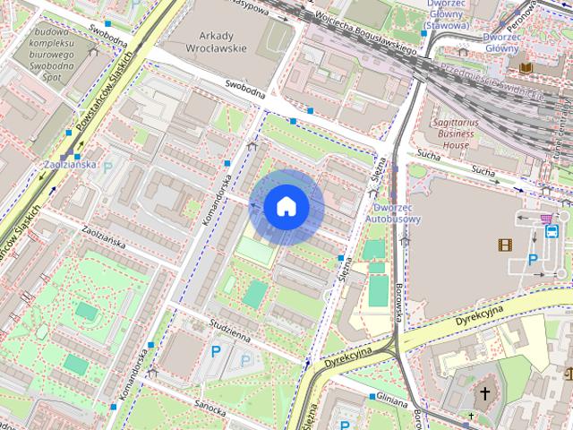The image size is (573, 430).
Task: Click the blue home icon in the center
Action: coord(286,207)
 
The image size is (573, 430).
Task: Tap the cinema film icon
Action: coord(507,244)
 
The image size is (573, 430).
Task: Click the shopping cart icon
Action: coord(544,217)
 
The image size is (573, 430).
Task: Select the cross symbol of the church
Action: coord(485,393)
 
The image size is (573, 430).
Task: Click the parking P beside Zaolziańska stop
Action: coord(108,167)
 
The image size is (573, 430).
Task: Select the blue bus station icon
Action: coord(552,231)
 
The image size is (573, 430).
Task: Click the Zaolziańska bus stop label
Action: coord(69,166)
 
